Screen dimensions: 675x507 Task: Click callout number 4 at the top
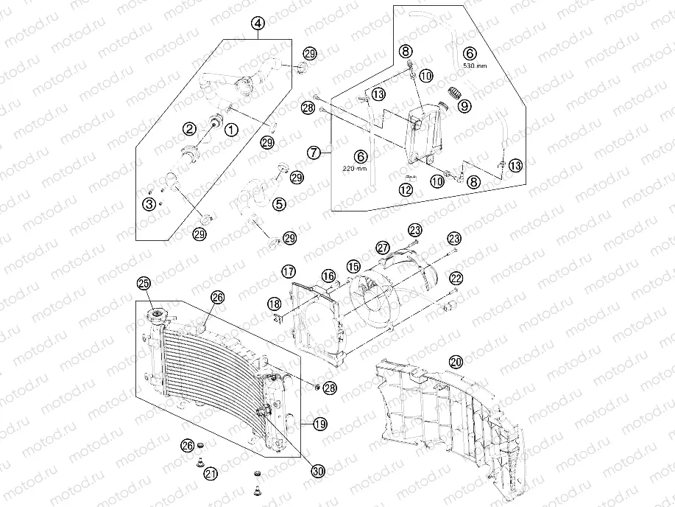[x=258, y=24]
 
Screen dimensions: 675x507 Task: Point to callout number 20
[x=456, y=362]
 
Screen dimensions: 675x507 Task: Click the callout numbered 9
[x=464, y=105]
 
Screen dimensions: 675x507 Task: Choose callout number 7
[x=314, y=153]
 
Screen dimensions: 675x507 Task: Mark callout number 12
[x=406, y=189]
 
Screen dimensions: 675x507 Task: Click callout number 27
[x=383, y=247]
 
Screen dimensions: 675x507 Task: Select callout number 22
[x=456, y=278]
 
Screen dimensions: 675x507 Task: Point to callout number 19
[x=319, y=424]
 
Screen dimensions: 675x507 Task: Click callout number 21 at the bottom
[x=211, y=473]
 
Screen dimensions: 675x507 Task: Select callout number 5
[x=280, y=203]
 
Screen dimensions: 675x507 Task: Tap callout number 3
[x=149, y=203]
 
